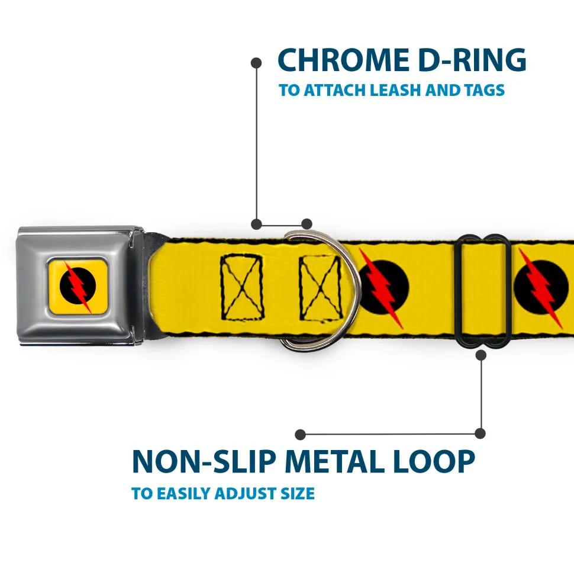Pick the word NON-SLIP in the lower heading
[x=202, y=461]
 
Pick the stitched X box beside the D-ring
[x=320, y=286]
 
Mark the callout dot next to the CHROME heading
[x=256, y=62]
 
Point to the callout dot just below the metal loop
[x=481, y=355]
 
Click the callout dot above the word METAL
[x=301, y=435]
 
